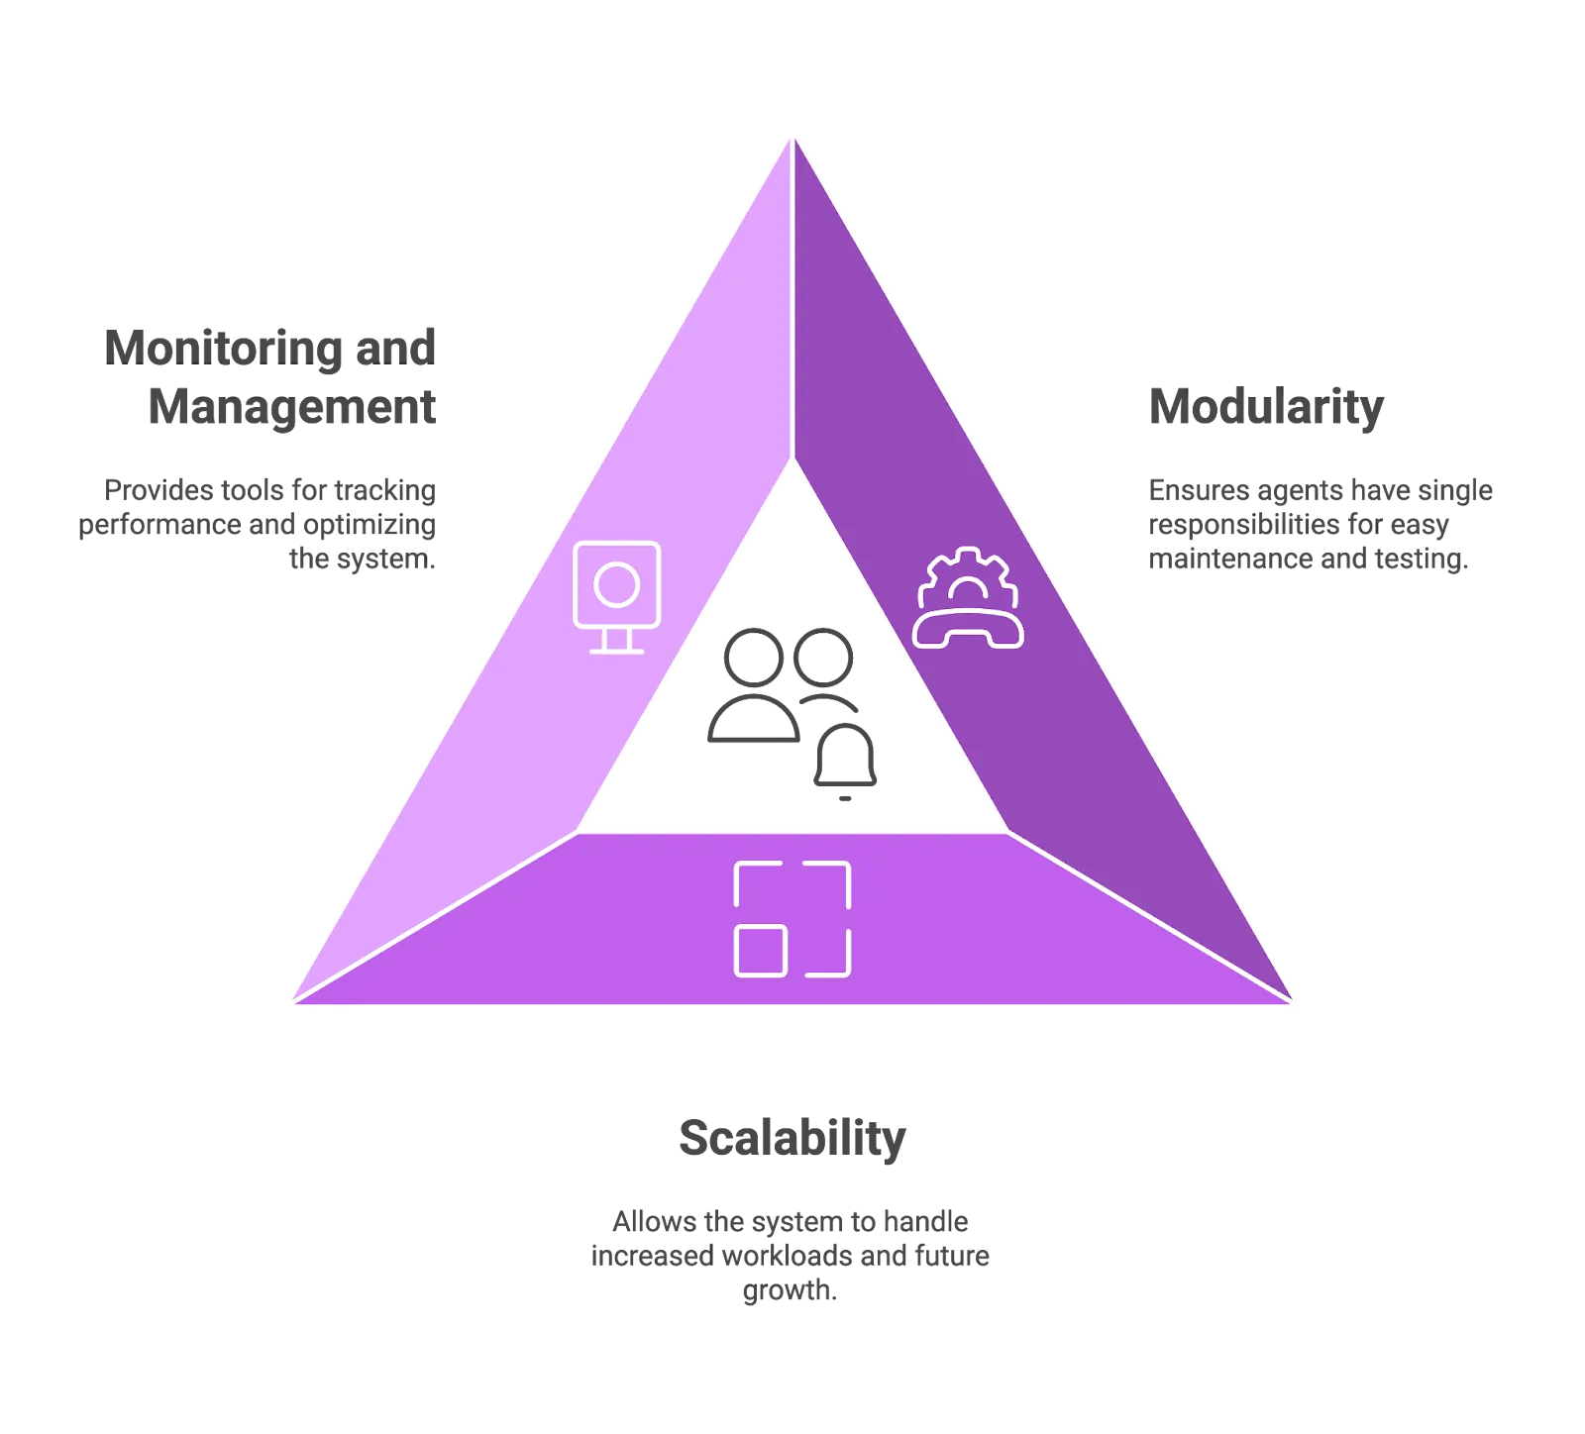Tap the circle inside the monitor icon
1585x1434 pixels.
(x=616, y=584)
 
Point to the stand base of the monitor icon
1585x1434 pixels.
(x=616, y=650)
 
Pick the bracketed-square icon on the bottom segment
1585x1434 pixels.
(x=792, y=919)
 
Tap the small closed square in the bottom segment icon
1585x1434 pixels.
(x=761, y=950)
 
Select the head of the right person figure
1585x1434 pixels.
(x=824, y=654)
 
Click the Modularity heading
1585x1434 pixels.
(x=1266, y=407)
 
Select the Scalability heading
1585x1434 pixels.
(x=791, y=1140)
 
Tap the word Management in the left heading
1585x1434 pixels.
(x=289, y=407)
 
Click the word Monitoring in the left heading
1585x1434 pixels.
(x=228, y=347)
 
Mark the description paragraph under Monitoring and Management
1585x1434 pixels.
(x=260, y=525)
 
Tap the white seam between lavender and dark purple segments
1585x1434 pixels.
(x=792, y=297)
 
